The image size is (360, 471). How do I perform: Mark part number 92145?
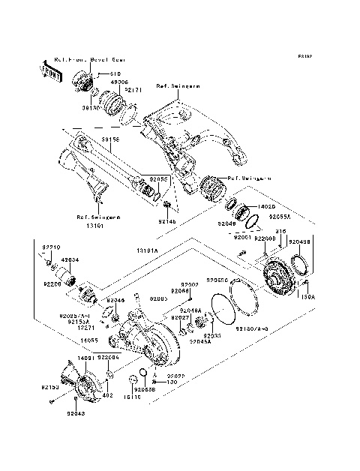point(166,222)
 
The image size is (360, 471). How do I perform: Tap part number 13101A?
point(148,250)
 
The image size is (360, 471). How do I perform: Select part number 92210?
point(50,247)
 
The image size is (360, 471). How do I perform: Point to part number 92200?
point(51,286)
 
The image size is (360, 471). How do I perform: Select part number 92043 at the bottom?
point(76,413)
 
